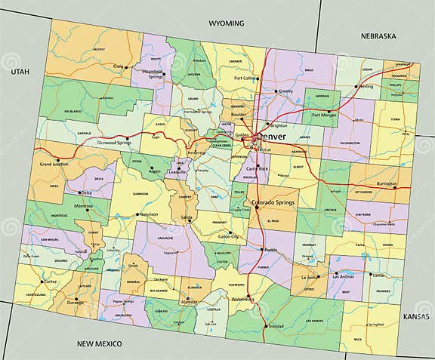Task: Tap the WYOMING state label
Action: [x=227, y=23]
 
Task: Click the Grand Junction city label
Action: [x=55, y=164]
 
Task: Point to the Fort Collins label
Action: [x=245, y=78]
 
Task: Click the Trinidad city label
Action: [x=277, y=327]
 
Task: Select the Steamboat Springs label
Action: [x=154, y=73]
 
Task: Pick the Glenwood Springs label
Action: [x=116, y=141]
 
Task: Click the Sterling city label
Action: [x=366, y=87]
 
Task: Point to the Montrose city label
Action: [x=84, y=206]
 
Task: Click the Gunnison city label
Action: [x=149, y=214]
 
